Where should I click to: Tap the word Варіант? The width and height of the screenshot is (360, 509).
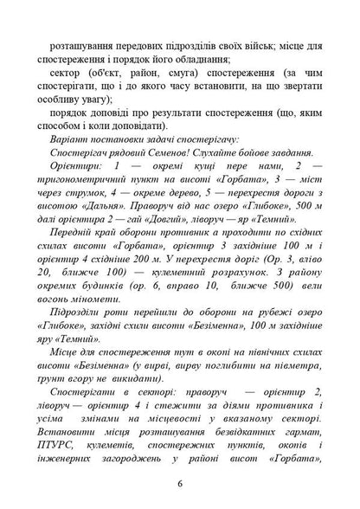coord(74,137)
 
